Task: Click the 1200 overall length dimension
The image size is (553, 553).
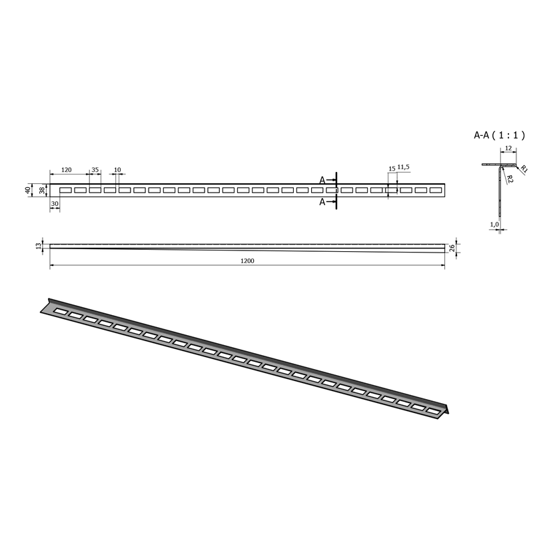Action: coord(247,261)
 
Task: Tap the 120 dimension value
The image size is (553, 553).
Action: coord(67,170)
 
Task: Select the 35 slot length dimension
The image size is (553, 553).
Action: coord(95,170)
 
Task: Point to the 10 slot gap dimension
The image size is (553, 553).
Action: coord(117,170)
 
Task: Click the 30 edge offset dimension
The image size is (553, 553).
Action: coord(55,204)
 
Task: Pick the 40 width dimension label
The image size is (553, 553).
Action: coord(28,190)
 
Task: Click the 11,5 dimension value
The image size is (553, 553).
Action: coord(404,167)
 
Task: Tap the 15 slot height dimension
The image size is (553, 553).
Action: coord(392,169)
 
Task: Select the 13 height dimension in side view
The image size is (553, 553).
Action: coord(39,246)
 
